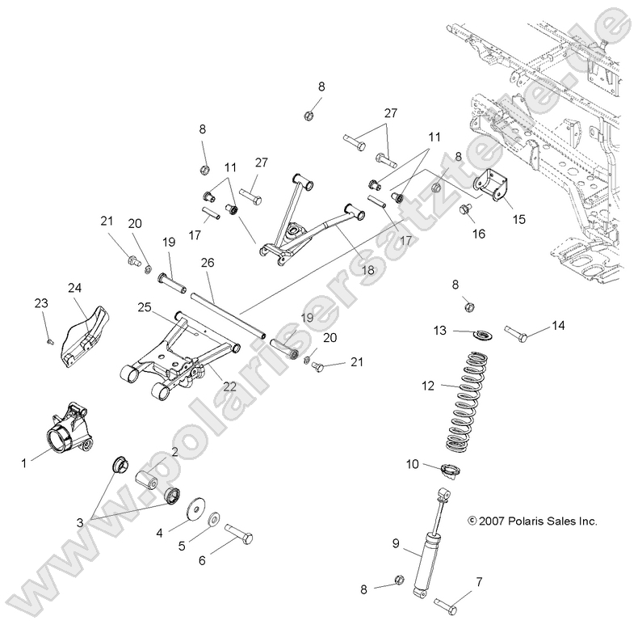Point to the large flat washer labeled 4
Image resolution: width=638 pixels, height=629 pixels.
[x=194, y=513]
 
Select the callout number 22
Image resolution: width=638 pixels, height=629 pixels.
[x=230, y=386]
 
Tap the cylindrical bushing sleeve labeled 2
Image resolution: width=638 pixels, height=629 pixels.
[x=149, y=482]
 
